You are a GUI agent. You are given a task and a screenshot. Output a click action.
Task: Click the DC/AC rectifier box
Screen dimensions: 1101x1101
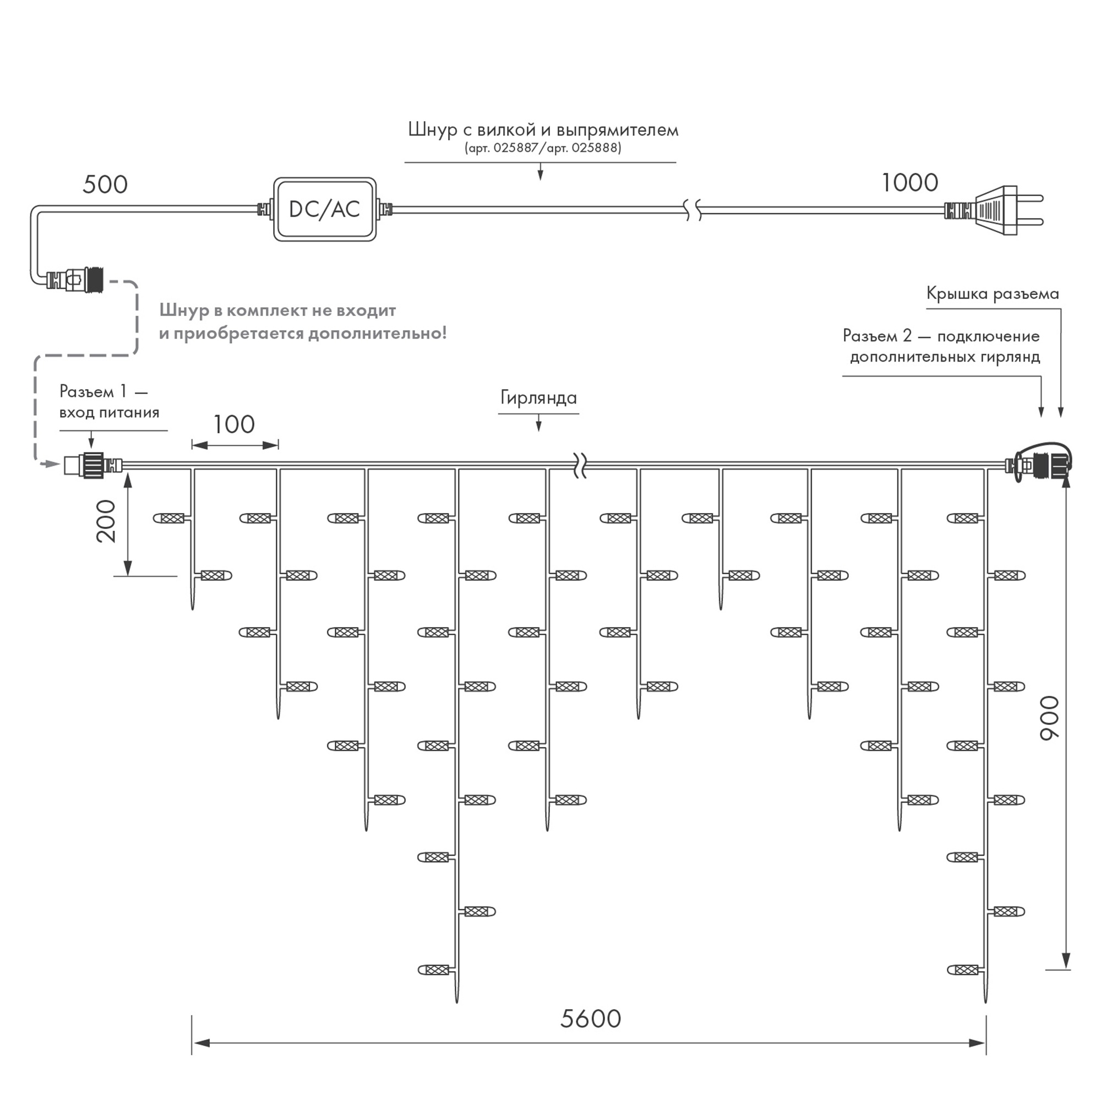click(x=325, y=209)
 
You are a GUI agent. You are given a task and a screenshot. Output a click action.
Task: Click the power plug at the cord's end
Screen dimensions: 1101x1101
click(x=994, y=210)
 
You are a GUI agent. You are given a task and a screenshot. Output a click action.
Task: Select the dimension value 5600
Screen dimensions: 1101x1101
click(x=590, y=1018)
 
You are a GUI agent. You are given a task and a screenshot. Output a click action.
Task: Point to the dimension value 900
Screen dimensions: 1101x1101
click(x=1049, y=718)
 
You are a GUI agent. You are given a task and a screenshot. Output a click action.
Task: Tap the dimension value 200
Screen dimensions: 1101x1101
click(x=106, y=521)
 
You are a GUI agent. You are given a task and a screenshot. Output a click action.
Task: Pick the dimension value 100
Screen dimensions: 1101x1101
click(x=233, y=424)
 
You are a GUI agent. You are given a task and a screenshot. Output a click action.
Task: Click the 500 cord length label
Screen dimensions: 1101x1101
click(x=106, y=184)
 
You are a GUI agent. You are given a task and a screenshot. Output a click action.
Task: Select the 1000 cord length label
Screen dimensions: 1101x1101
click(x=909, y=183)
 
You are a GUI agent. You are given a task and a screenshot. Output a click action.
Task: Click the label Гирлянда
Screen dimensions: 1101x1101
click(x=538, y=398)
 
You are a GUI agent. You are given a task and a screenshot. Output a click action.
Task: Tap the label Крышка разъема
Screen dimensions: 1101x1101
click(x=993, y=293)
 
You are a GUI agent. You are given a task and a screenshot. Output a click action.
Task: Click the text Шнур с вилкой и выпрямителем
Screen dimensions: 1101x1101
click(x=543, y=130)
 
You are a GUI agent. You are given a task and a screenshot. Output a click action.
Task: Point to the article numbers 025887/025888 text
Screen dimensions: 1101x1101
click(x=543, y=148)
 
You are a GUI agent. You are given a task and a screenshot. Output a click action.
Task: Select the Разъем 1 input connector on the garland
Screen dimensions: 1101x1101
click(x=94, y=465)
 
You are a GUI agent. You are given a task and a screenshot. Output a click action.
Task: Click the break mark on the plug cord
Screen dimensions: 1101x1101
click(x=693, y=210)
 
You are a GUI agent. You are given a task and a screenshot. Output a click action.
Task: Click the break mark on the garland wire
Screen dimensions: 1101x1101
click(x=580, y=466)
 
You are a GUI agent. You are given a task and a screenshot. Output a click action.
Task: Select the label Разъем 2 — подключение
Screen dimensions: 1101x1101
click(x=941, y=336)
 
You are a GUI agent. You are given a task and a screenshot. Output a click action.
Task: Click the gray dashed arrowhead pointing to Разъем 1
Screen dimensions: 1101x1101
click(x=52, y=465)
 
